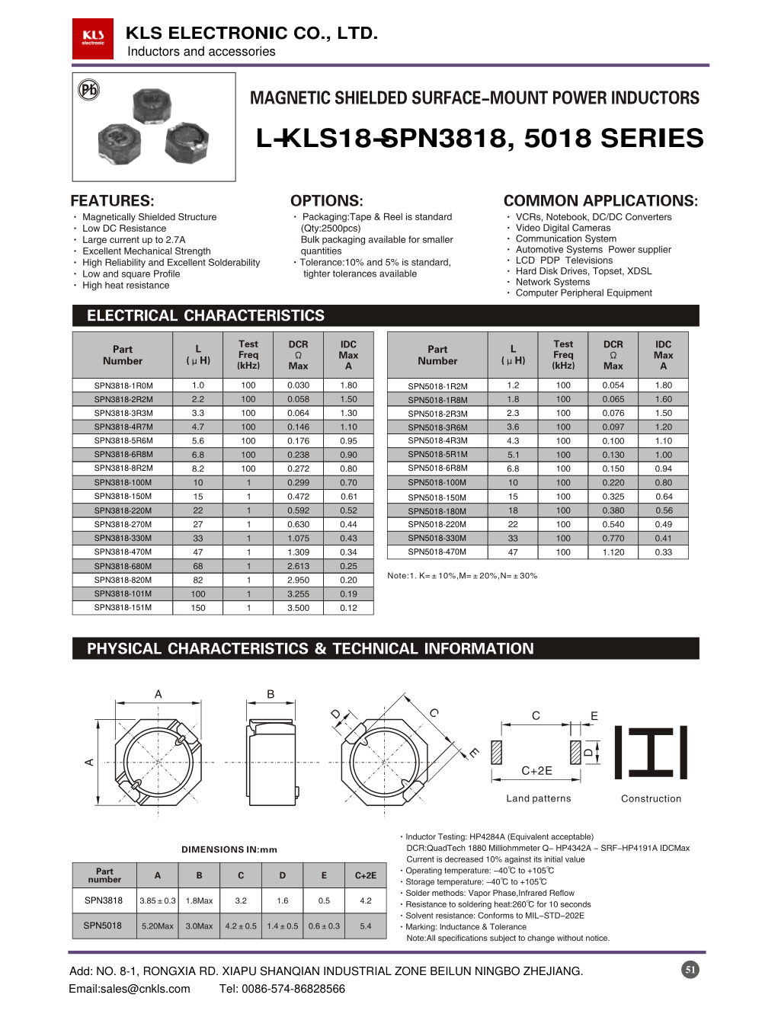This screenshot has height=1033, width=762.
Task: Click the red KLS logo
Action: (x=93, y=39)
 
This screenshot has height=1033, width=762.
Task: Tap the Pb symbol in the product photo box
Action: (x=89, y=90)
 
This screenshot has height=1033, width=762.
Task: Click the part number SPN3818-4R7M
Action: (x=123, y=427)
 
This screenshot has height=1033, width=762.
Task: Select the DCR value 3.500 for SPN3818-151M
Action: (x=298, y=608)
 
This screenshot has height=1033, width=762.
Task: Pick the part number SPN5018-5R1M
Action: (x=437, y=455)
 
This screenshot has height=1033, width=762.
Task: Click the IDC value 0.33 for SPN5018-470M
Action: (x=663, y=552)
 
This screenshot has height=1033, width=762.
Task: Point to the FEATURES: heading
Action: (x=112, y=201)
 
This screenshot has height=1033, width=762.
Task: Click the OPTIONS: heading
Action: (x=326, y=201)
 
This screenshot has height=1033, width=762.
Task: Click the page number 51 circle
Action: (x=690, y=970)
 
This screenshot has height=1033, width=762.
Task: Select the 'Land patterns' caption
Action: (x=539, y=798)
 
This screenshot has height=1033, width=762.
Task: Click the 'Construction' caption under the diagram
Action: (x=651, y=798)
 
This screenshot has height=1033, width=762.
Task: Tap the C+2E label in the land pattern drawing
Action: (x=536, y=771)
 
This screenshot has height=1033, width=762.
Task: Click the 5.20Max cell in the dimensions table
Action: (x=158, y=926)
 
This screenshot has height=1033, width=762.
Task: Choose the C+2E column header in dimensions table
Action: (x=366, y=875)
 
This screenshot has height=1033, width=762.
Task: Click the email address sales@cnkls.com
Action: (x=130, y=989)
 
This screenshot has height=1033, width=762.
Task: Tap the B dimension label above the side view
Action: (x=271, y=694)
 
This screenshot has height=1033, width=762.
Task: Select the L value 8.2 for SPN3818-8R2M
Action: (x=198, y=469)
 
